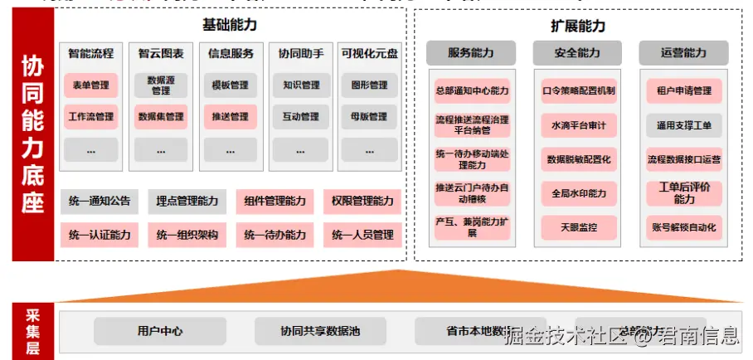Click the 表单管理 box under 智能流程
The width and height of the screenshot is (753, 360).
click(x=91, y=85)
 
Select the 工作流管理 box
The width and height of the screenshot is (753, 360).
click(x=91, y=117)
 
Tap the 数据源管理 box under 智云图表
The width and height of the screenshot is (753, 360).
click(x=161, y=85)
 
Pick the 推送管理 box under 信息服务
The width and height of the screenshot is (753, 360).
click(x=230, y=117)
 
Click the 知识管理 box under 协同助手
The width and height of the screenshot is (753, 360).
click(x=300, y=85)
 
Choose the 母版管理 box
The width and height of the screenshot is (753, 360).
click(x=369, y=117)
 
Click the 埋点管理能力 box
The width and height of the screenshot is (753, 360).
click(x=187, y=201)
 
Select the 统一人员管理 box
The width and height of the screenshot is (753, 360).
click(x=362, y=236)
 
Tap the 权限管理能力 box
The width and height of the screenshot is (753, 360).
click(x=362, y=201)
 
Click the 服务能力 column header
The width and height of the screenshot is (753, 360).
click(x=471, y=53)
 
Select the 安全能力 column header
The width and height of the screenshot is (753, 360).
click(x=578, y=53)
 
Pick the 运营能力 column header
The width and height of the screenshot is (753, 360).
click(x=684, y=53)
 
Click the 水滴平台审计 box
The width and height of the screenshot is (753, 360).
click(x=578, y=125)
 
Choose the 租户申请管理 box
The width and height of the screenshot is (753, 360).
click(x=684, y=90)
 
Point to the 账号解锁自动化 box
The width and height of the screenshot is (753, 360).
click(x=684, y=226)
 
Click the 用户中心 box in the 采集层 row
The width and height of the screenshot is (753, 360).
click(x=160, y=331)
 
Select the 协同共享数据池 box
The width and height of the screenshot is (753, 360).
click(x=320, y=331)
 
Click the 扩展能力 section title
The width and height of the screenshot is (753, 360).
click(x=577, y=25)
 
